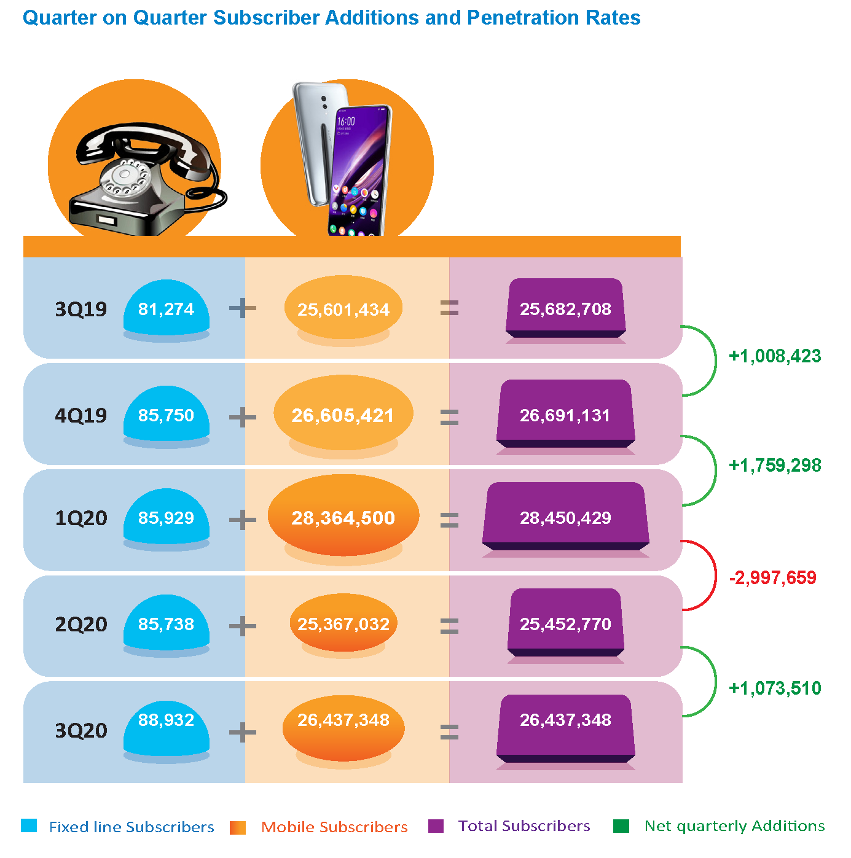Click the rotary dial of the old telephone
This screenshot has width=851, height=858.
[127, 179]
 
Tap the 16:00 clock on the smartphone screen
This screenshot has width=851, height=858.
[346, 122]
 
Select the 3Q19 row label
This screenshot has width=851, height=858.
[81, 309]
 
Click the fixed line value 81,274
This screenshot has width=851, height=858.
[166, 309]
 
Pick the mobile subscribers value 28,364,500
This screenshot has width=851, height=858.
[343, 518]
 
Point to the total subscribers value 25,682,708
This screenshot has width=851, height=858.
[565, 309]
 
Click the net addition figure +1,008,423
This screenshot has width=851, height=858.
[775, 356]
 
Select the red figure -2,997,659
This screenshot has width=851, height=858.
[772, 577]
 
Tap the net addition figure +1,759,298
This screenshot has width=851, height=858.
[775, 466]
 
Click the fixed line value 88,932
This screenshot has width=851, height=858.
[166, 720]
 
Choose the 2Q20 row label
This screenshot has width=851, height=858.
[81, 625]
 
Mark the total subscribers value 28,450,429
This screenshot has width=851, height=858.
[565, 518]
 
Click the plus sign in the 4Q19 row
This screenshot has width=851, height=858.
[243, 418]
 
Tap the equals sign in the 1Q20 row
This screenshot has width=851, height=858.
[449, 520]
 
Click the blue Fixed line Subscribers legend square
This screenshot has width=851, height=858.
[29, 825]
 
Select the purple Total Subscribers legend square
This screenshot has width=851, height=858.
[436, 826]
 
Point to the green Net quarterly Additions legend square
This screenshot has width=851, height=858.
[621, 826]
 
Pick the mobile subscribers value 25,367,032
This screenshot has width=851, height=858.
[343, 625]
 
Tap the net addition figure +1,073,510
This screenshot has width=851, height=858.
[775, 688]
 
